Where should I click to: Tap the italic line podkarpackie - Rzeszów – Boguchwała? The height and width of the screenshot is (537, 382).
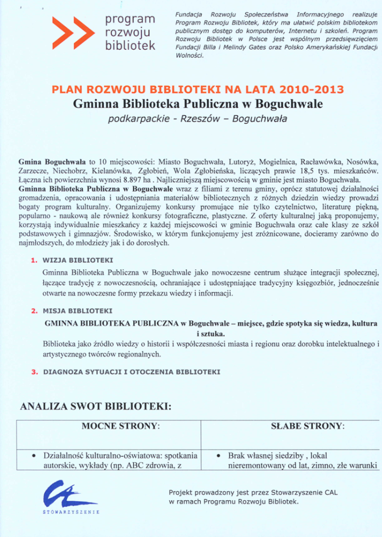point(197,119)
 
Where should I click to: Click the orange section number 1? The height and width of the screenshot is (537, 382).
point(34,260)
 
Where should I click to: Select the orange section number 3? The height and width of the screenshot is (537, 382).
point(34,371)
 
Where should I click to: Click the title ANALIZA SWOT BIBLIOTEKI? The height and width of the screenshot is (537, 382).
point(96,406)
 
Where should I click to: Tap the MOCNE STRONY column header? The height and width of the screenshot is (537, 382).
point(121,426)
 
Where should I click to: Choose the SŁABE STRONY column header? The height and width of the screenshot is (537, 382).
point(307,426)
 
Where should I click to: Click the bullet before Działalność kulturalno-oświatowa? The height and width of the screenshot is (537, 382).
point(34,455)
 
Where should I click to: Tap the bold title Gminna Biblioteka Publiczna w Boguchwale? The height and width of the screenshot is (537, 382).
point(197,104)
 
